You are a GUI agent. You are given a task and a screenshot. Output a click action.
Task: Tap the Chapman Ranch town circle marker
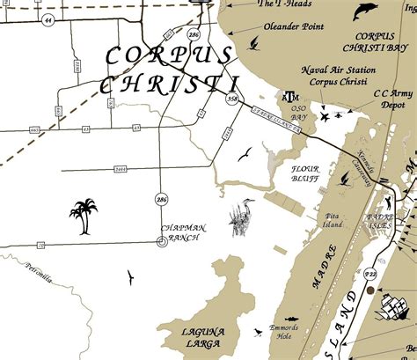tap(161, 241)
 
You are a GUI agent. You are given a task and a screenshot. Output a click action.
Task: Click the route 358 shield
tap(232, 99)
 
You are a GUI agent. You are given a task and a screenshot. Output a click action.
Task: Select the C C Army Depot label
tap(391, 96)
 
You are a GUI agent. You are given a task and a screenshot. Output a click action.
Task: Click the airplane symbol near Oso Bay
tap(326, 115)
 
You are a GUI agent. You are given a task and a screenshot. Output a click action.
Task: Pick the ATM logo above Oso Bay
tap(289, 96)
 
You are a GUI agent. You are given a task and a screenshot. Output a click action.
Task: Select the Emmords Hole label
tap(287, 331)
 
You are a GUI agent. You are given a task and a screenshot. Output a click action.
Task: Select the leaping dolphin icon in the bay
tap(362, 11)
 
